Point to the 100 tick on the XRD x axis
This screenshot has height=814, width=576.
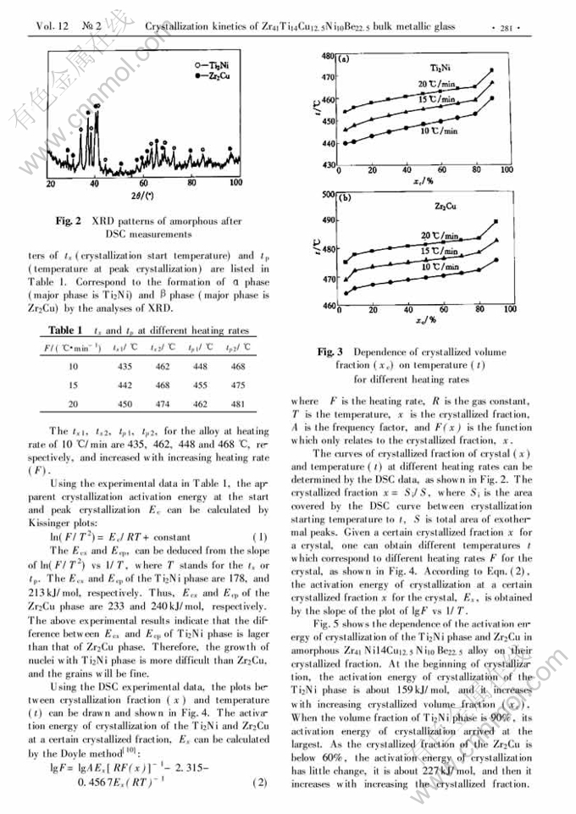click(x=235, y=182)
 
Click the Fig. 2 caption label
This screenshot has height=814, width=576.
click(x=69, y=221)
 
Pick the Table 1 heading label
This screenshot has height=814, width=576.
click(x=64, y=330)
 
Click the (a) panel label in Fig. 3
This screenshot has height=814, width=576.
click(x=345, y=60)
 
